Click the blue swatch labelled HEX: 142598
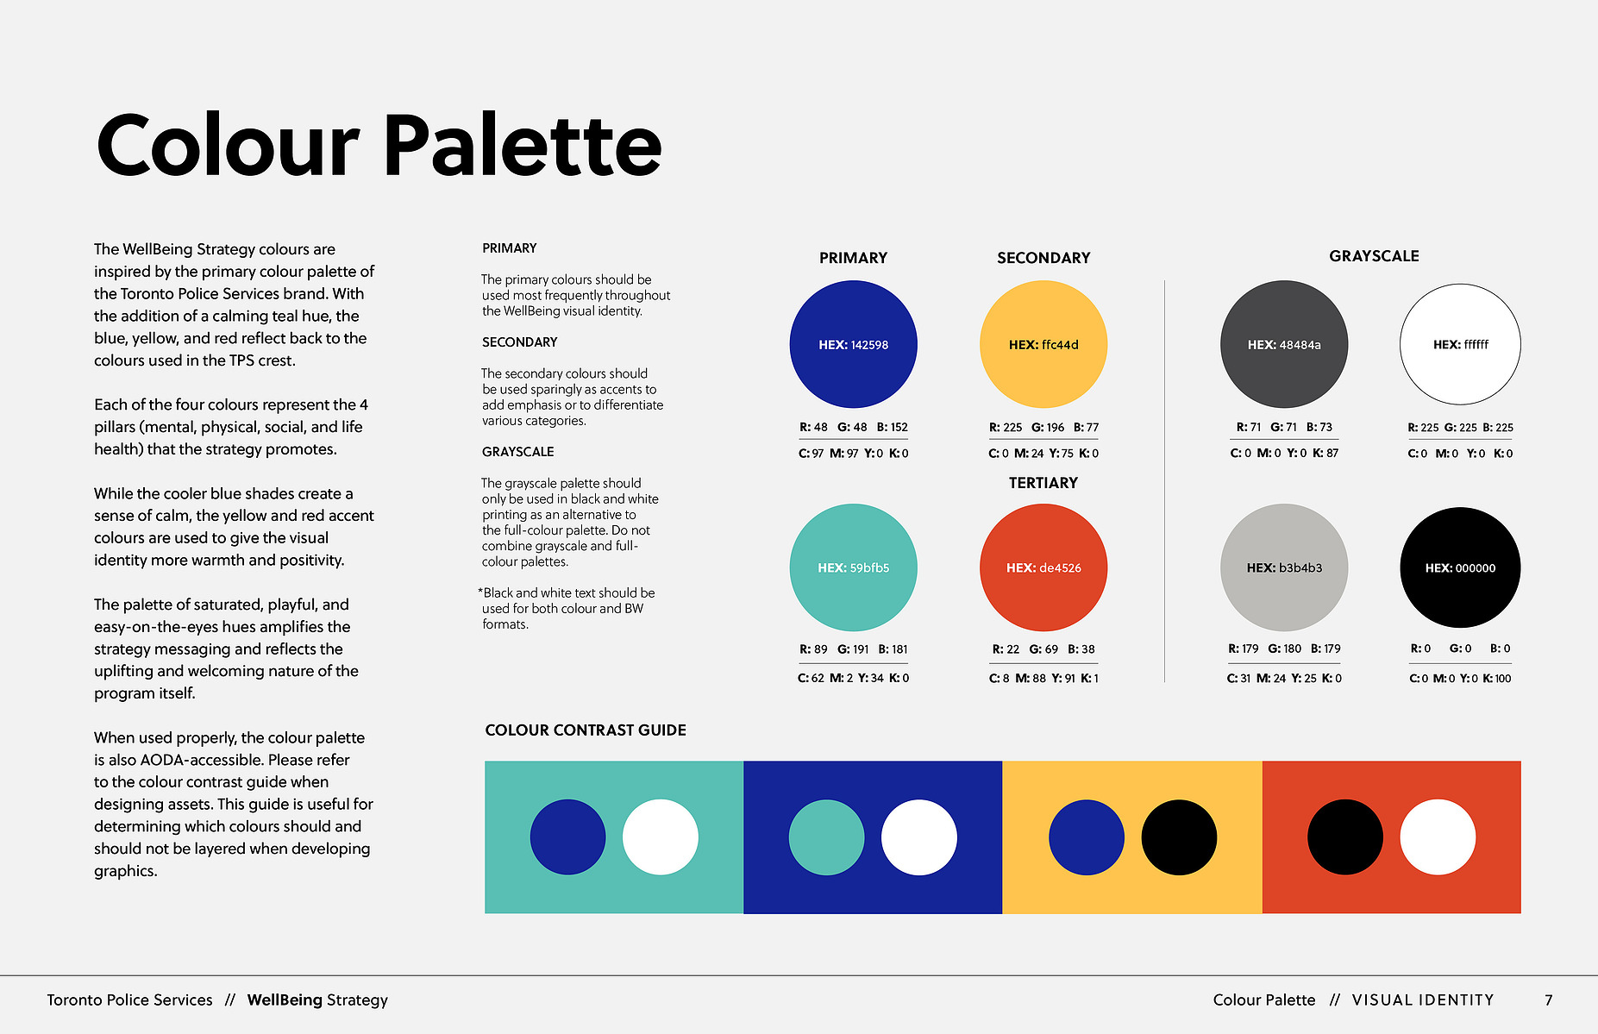[853, 344]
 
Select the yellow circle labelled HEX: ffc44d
[1043, 344]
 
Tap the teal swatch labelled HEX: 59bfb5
[853, 567]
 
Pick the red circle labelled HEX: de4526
[1043, 567]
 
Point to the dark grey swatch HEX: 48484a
[1284, 344]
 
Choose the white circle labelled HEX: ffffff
[1460, 344]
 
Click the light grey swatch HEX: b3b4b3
[1284, 567]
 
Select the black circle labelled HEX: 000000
[1460, 567]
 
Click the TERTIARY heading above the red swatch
[1043, 483]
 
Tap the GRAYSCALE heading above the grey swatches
[1374, 256]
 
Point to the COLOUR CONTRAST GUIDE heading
[586, 730]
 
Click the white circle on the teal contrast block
[661, 837]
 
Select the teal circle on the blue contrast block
[827, 837]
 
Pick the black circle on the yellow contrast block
[1179, 837]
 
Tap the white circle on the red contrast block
[1438, 837]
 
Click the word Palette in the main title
[523, 145]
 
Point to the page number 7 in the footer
[1549, 1000]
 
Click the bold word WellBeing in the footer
[285, 1000]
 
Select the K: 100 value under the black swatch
[1497, 679]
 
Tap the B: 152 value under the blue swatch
[893, 427]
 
